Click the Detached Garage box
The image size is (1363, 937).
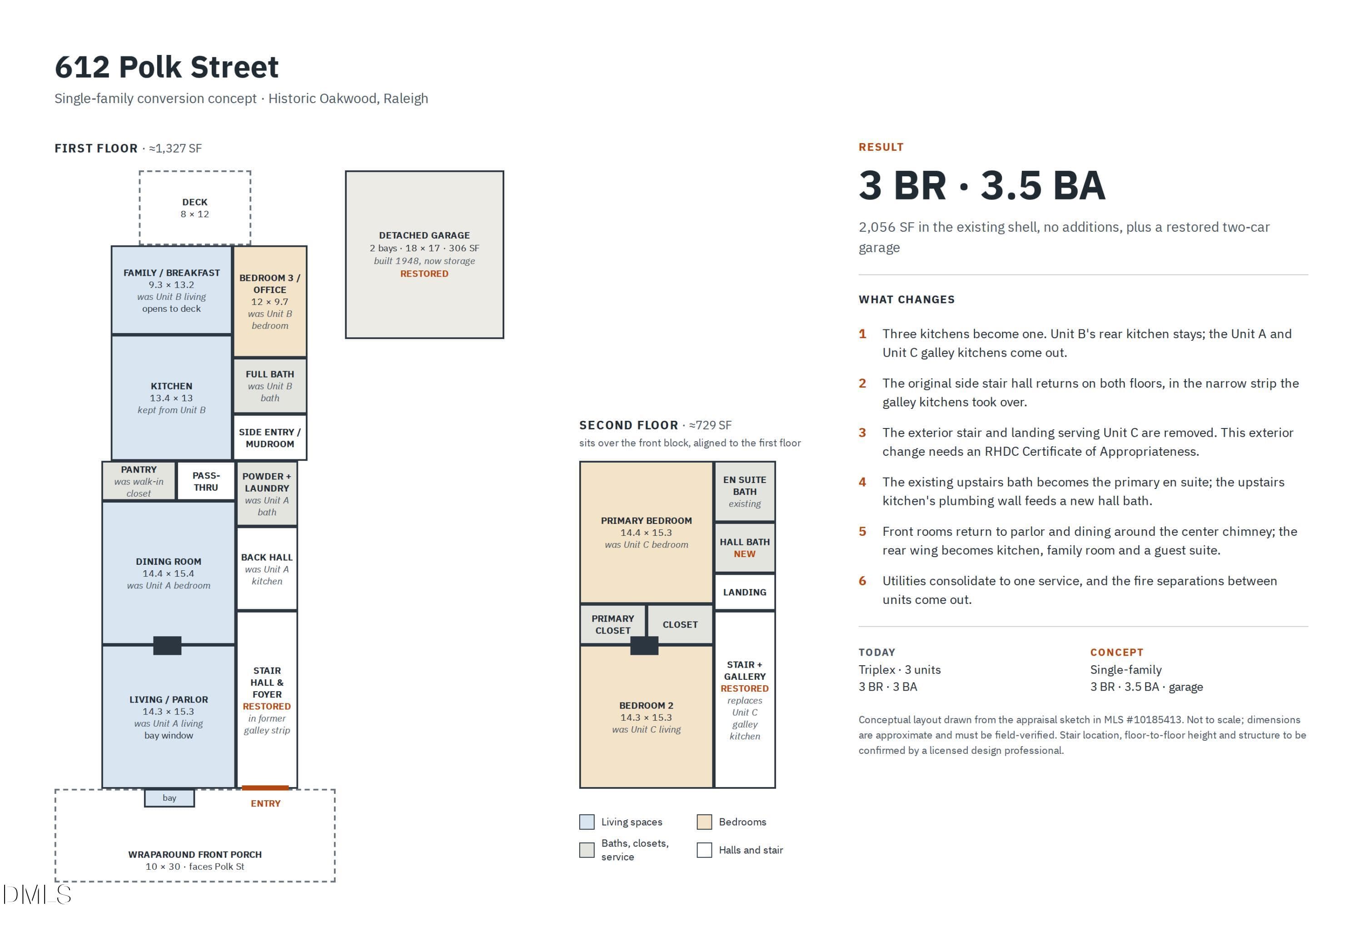tap(424, 255)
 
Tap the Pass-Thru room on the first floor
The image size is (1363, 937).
tap(206, 481)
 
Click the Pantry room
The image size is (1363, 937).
tap(139, 481)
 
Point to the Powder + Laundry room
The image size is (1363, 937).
tap(267, 493)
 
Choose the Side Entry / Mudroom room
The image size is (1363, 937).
tap(269, 438)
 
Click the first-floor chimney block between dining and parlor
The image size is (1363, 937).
tap(167, 645)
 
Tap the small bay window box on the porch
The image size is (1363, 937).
tap(169, 798)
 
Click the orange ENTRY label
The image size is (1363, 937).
tap(265, 803)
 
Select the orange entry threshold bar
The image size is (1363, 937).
tap(265, 787)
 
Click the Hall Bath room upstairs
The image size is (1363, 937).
tap(744, 548)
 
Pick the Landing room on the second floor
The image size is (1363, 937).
tap(744, 592)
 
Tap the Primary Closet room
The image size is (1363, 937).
tap(613, 624)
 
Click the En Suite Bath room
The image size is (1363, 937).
tap(744, 491)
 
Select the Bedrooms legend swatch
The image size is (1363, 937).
tap(704, 821)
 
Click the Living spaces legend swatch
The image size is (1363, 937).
tap(587, 821)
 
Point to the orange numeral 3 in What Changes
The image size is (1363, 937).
tap(862, 433)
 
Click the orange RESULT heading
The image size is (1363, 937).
tap(880, 147)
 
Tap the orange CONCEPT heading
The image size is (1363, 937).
tap(1116, 652)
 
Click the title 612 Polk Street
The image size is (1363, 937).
tap(167, 67)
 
